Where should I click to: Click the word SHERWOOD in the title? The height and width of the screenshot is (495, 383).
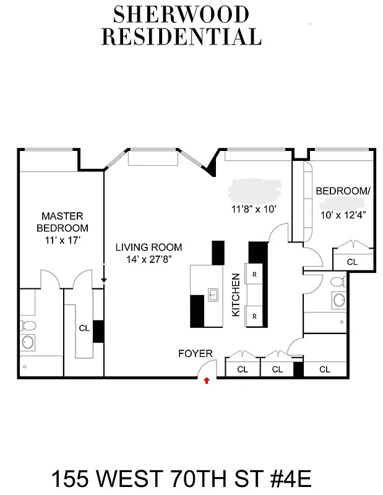(x=181, y=14)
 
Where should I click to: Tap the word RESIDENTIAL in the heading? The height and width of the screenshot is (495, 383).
(x=181, y=37)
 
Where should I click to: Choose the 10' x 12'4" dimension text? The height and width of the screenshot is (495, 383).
(x=343, y=215)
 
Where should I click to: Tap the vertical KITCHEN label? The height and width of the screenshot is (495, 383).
(x=236, y=295)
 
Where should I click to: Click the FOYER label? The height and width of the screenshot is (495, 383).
(x=195, y=354)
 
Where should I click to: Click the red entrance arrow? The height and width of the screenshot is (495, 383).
(x=207, y=381)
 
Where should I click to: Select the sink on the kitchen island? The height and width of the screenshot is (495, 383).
(x=213, y=295)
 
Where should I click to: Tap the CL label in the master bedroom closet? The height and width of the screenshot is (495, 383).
(x=84, y=329)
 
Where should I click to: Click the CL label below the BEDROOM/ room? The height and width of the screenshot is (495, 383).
(x=352, y=262)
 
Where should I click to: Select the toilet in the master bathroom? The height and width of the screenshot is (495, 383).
(x=27, y=325)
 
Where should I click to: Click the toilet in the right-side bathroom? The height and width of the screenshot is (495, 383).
(x=337, y=283)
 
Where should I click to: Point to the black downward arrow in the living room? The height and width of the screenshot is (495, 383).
(x=104, y=277)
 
